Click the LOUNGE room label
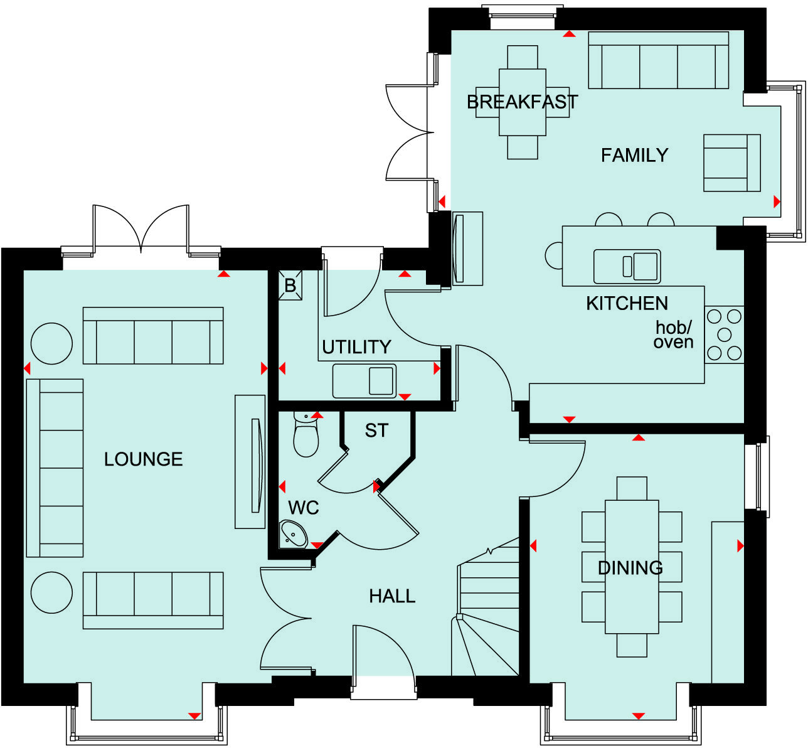pyautogui.click(x=143, y=459)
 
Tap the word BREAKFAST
pyautogui.click(x=522, y=102)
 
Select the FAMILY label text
pyautogui.click(x=634, y=155)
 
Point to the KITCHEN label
pyautogui.click(x=627, y=304)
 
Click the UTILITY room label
pyautogui.click(x=356, y=347)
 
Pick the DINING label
pyautogui.click(x=630, y=568)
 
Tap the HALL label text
pyautogui.click(x=392, y=596)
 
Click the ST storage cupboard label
pyautogui.click(x=376, y=430)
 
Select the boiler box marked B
pyautogui.click(x=290, y=286)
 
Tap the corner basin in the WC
pyautogui.click(x=293, y=534)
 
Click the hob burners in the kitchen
pyautogui.click(x=724, y=334)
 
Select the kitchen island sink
pyautogui.click(x=627, y=267)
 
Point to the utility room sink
pyautogui.click(x=364, y=381)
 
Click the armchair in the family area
pyautogui.click(x=731, y=163)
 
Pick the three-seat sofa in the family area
pyautogui.click(x=658, y=61)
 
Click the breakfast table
pyautogui.click(x=522, y=102)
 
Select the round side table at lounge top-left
pyautogui.click(x=51, y=343)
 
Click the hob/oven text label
pyautogui.click(x=674, y=335)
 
